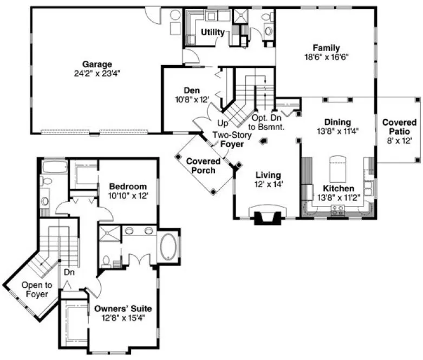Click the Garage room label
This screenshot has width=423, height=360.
pyautogui.click(x=97, y=63)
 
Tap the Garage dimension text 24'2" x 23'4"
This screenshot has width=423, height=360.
pyautogui.click(x=97, y=73)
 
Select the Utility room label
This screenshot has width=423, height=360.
pyautogui.click(x=213, y=33)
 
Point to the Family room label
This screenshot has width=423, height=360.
pyautogui.click(x=326, y=47)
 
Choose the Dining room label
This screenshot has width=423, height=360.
pyautogui.click(x=337, y=122)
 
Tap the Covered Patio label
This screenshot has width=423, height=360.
pyautogui.click(x=399, y=127)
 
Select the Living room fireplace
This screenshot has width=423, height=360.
pyautogui.click(x=268, y=215)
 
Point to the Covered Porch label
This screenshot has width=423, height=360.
pyautogui.click(x=203, y=165)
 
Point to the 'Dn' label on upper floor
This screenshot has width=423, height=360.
pyautogui.click(x=68, y=273)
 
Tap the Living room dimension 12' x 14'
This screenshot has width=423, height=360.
pyautogui.click(x=268, y=184)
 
